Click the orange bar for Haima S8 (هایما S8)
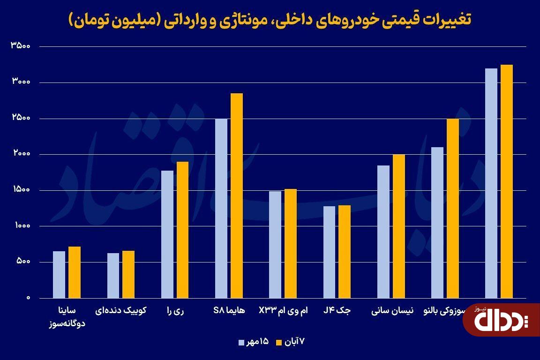coord(237,195)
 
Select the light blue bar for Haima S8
coord(221,208)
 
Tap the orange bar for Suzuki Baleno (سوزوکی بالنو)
coord(453,208)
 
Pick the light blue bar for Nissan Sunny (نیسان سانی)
coord(383,232)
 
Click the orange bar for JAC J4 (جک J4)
coord(345,251)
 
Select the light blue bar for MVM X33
coord(275,244)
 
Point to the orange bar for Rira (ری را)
coord(182,230)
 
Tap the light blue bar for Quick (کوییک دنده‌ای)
coord(113,275)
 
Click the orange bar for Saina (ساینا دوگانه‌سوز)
coord(75,272)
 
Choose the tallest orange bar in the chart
coord(507,181)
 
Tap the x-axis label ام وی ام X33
coord(284,310)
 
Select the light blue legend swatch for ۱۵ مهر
coord(241,342)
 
